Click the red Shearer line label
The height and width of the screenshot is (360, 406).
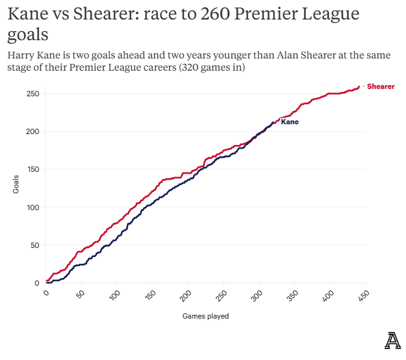[380, 86]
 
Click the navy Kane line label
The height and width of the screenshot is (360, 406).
[290, 122]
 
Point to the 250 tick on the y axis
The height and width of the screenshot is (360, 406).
[34, 94]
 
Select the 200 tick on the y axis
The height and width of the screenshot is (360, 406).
[34, 132]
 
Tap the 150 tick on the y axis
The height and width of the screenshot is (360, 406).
[34, 169]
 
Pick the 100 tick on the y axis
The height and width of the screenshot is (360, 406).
[34, 207]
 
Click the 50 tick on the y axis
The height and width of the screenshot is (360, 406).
[35, 245]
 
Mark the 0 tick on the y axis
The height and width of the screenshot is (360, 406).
[37, 283]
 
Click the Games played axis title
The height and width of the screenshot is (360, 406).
[205, 316]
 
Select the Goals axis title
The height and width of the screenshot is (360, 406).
[16, 184]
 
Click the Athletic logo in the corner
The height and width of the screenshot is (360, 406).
[393, 341]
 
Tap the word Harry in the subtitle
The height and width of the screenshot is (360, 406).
[23, 55]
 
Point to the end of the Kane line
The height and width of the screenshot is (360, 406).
[274, 122]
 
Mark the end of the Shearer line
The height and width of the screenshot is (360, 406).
[359, 86]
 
